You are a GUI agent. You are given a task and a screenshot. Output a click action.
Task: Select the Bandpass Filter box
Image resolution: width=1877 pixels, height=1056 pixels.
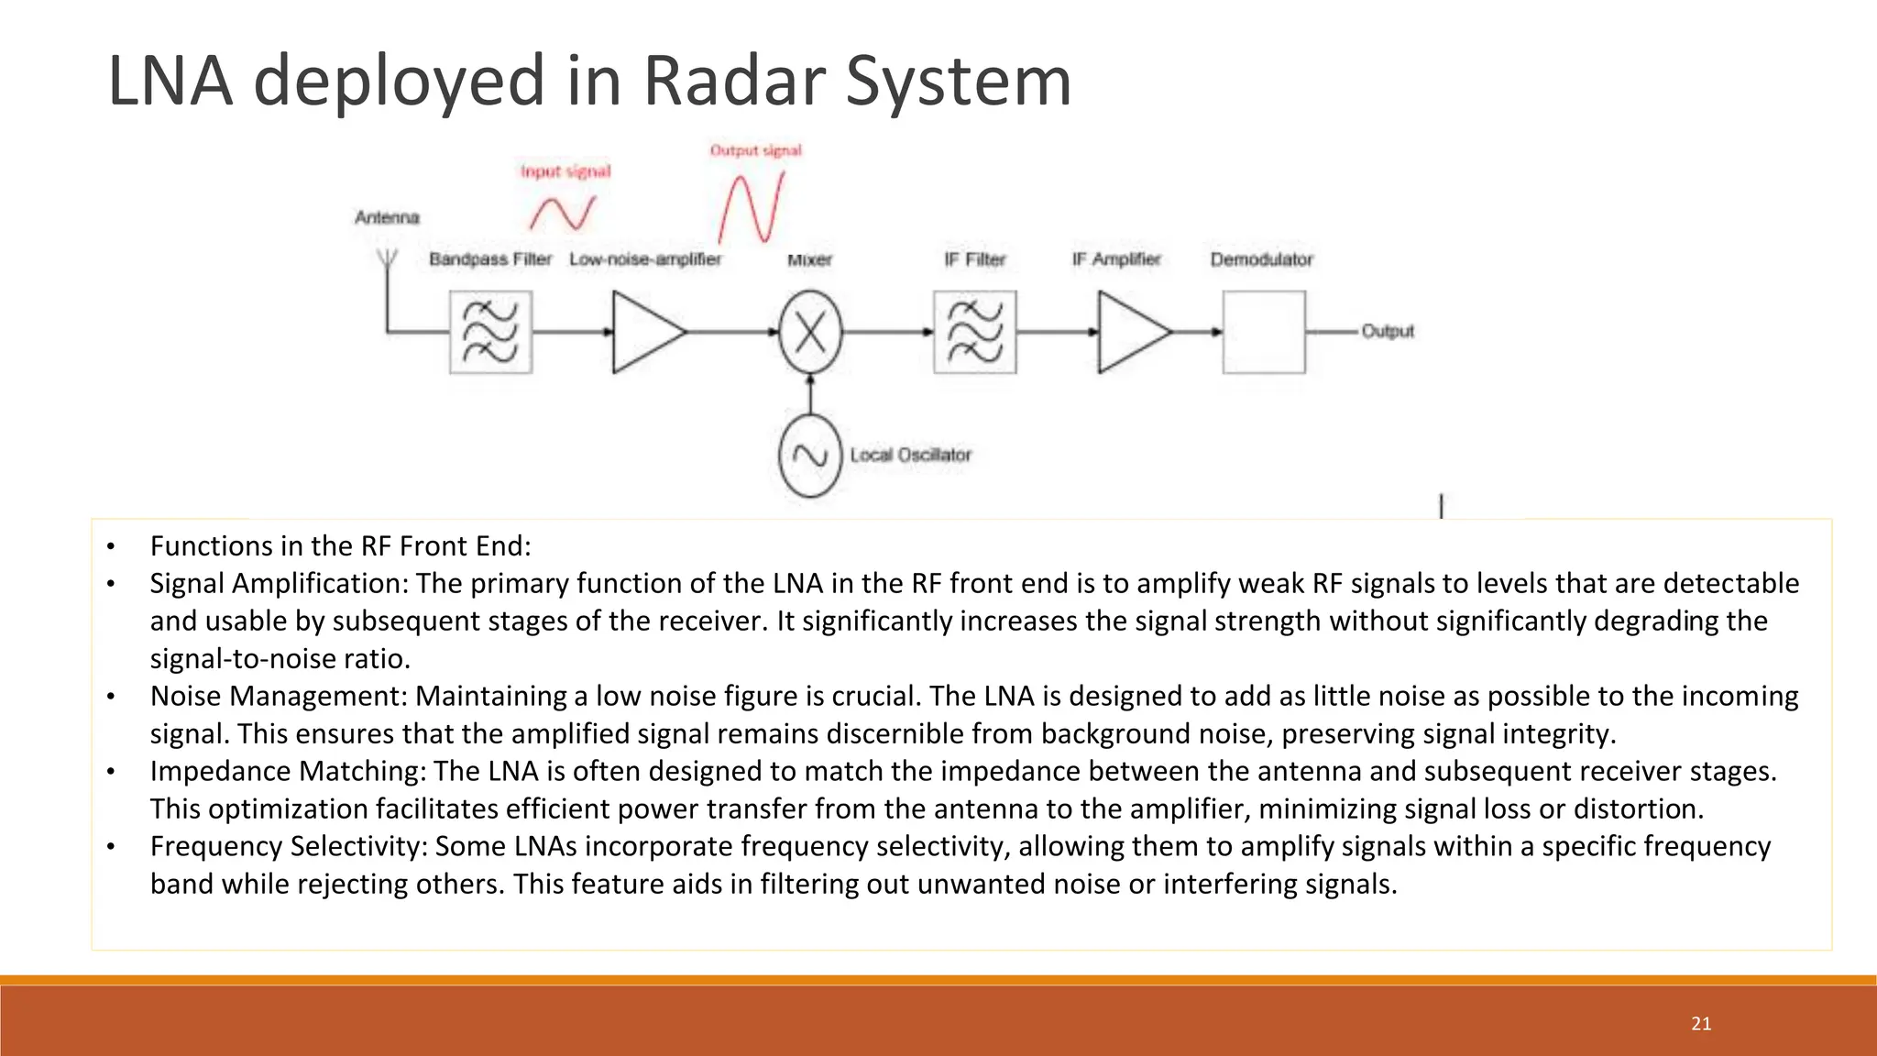point(490,332)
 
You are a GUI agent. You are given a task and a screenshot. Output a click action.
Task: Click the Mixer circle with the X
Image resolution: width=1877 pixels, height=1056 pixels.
point(810,332)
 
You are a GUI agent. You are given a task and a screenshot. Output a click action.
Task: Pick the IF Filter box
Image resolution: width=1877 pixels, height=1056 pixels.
point(974,332)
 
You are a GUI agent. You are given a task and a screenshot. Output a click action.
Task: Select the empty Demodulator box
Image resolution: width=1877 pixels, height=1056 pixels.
point(1264,332)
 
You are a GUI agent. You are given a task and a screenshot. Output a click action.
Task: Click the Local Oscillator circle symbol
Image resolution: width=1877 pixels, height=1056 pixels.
point(810,456)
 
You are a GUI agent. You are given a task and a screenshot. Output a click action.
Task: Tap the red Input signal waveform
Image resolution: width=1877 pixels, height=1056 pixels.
point(562,214)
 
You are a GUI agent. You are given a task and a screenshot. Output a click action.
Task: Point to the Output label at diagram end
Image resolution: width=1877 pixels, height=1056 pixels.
point(1388,331)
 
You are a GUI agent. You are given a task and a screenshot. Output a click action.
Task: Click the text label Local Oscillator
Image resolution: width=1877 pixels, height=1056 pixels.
point(910,455)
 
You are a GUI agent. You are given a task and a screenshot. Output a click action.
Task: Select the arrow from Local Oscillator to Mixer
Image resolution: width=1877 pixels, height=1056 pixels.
point(810,394)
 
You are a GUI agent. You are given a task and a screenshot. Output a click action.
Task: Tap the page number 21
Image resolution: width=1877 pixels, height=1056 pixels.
point(1701,1024)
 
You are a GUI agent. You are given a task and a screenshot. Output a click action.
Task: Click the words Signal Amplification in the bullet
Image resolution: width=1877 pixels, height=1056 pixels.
point(280,584)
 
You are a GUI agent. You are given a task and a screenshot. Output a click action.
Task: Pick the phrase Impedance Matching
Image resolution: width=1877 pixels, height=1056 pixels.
point(286,772)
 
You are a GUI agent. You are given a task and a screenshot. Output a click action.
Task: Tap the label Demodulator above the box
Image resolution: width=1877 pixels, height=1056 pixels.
point(1261,259)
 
